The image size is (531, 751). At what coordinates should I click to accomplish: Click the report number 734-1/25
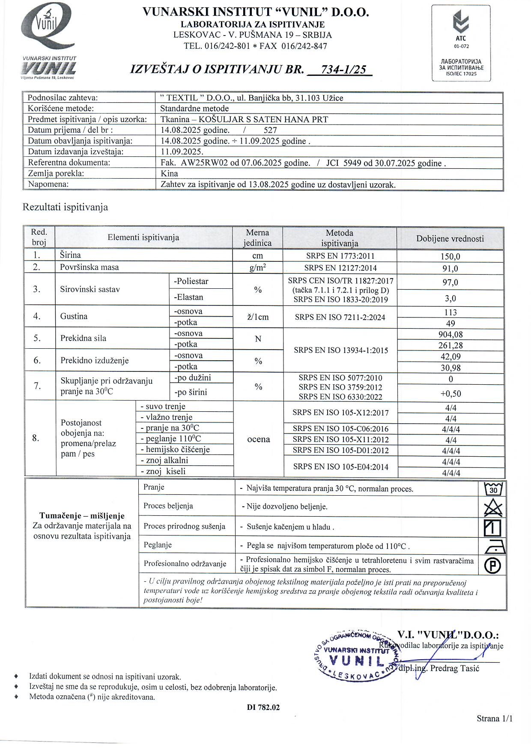(x=340, y=69)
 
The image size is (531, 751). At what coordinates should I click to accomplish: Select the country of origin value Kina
(x=169, y=174)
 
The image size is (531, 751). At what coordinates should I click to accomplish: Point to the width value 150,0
(x=451, y=256)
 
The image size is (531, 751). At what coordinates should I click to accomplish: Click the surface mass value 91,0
(x=450, y=269)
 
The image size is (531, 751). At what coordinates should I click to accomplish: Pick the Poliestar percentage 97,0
(x=450, y=282)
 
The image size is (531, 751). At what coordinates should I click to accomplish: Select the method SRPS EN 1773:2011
(x=340, y=256)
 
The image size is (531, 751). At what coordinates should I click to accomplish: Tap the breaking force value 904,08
(x=451, y=334)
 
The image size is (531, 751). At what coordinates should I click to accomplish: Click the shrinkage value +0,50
(x=451, y=394)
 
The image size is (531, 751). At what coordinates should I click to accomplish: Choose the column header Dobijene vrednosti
(x=450, y=239)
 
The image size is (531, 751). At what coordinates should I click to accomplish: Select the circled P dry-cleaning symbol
(x=492, y=566)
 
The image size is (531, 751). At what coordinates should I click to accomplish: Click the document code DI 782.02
(x=263, y=707)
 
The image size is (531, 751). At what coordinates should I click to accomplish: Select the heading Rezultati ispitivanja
(x=65, y=207)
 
